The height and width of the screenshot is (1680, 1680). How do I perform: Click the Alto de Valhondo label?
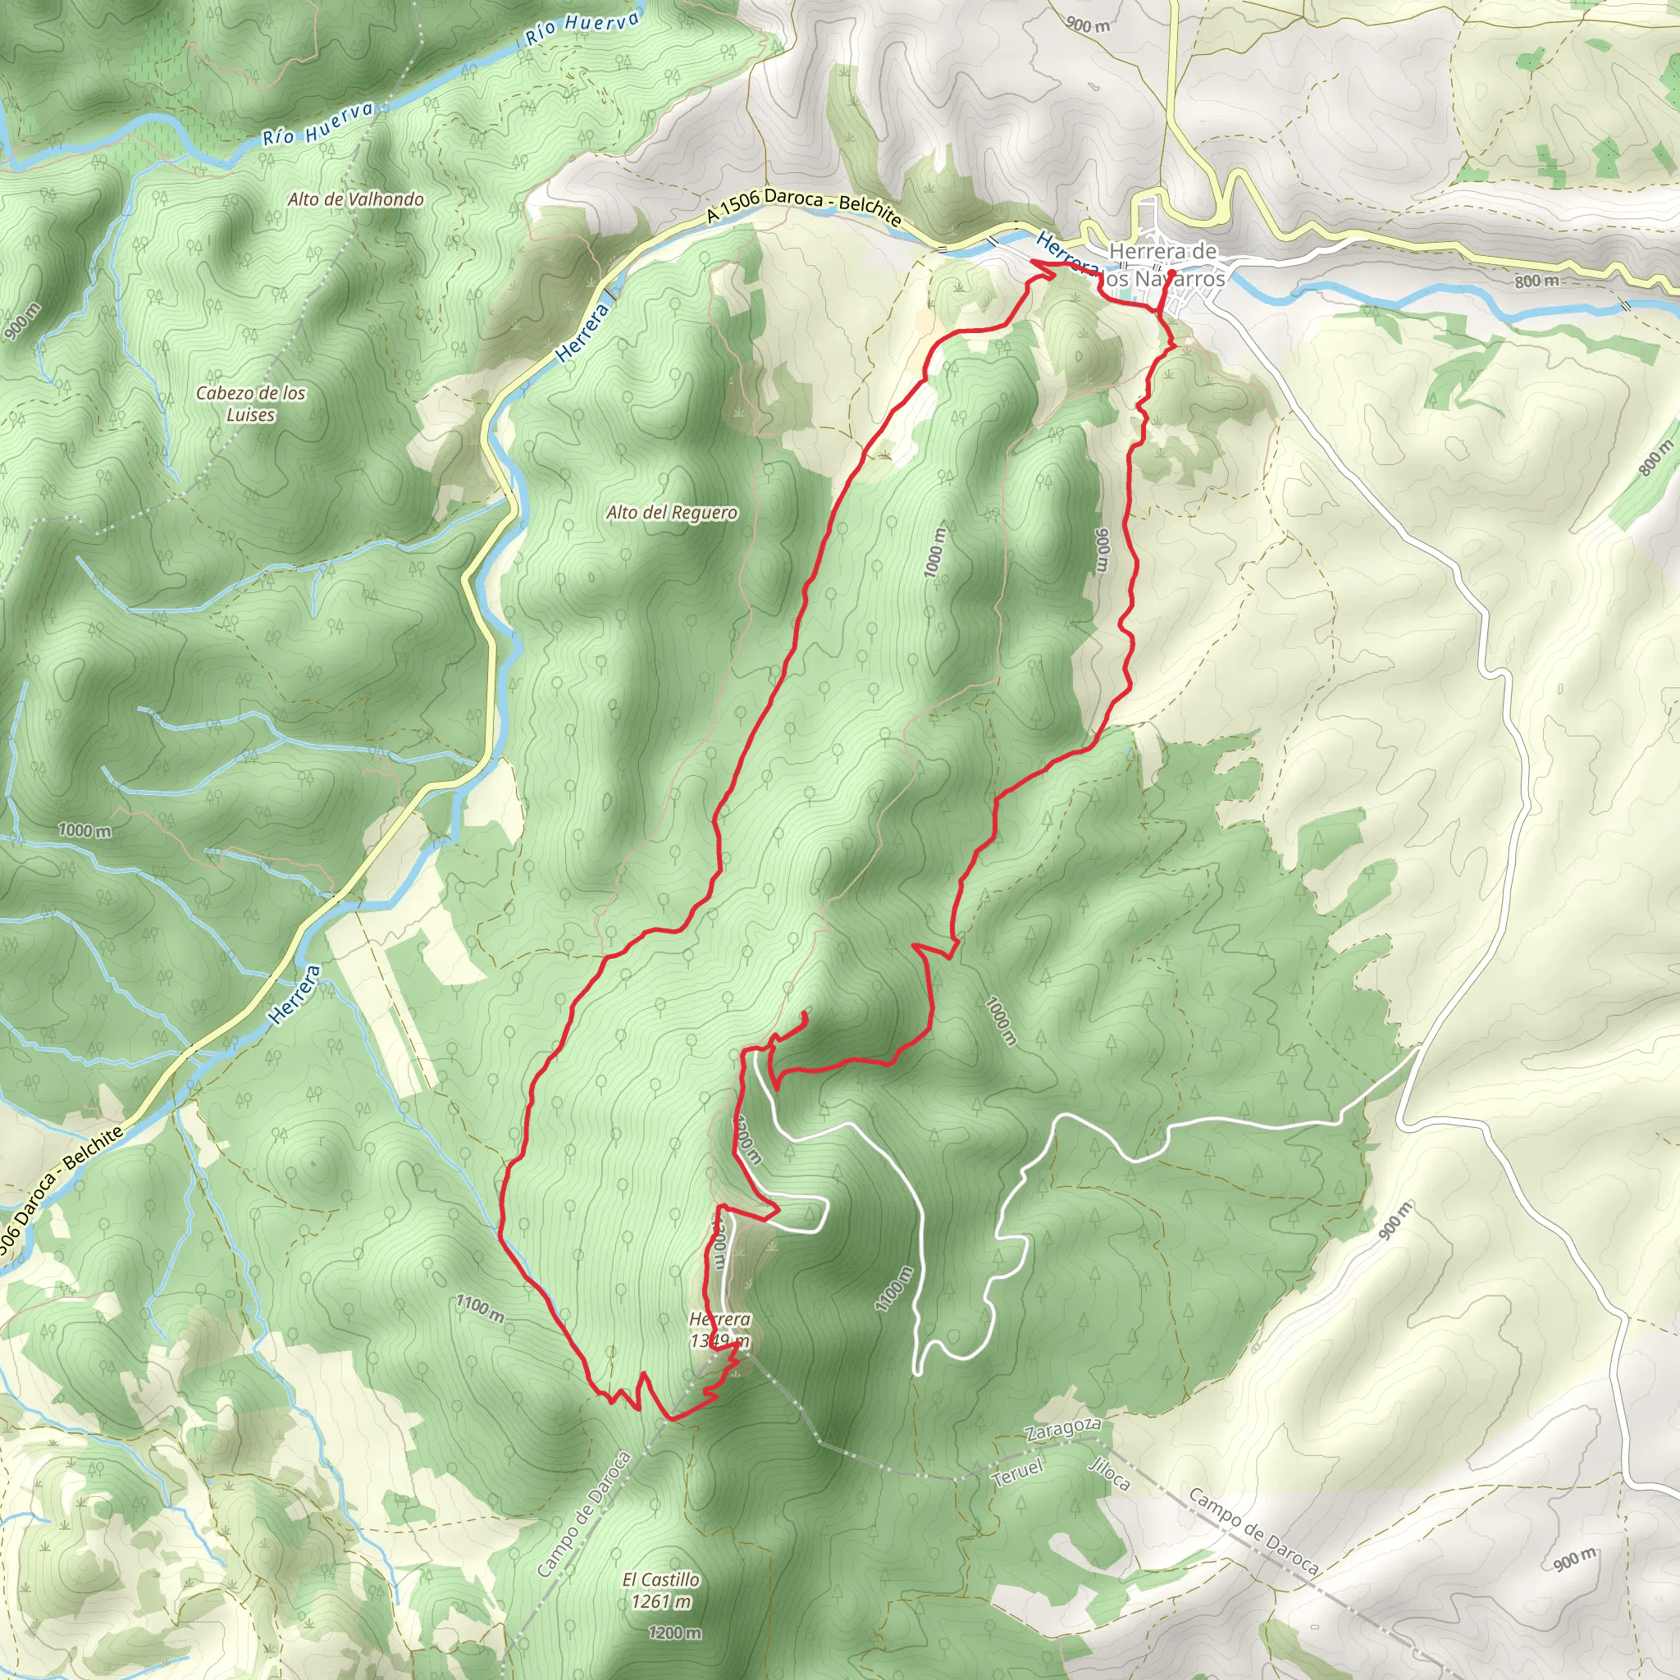click(x=356, y=199)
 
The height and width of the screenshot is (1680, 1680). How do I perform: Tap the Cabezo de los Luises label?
click(x=250, y=404)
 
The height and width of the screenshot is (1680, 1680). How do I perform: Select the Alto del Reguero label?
click(x=671, y=513)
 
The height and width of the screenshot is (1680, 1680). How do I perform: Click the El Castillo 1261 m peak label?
click(x=661, y=1590)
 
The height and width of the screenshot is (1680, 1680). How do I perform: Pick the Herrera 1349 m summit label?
click(x=719, y=1331)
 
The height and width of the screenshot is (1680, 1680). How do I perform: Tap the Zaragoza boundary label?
click(x=1062, y=1431)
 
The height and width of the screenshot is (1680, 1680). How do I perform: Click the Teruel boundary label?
click(x=1016, y=1472)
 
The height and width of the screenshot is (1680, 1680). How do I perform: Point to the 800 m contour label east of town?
click(x=1536, y=281)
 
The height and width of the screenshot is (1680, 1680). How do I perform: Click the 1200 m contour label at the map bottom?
click(x=674, y=1633)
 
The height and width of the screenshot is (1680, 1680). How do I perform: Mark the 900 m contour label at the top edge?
click(x=1088, y=25)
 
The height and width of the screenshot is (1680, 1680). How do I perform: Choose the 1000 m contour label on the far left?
click(x=84, y=830)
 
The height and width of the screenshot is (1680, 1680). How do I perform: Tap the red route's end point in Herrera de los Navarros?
click(x=1172, y=273)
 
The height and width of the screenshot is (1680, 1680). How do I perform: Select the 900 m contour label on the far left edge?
click(x=22, y=322)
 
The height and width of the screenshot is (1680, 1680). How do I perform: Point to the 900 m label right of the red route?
click(x=1102, y=551)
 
